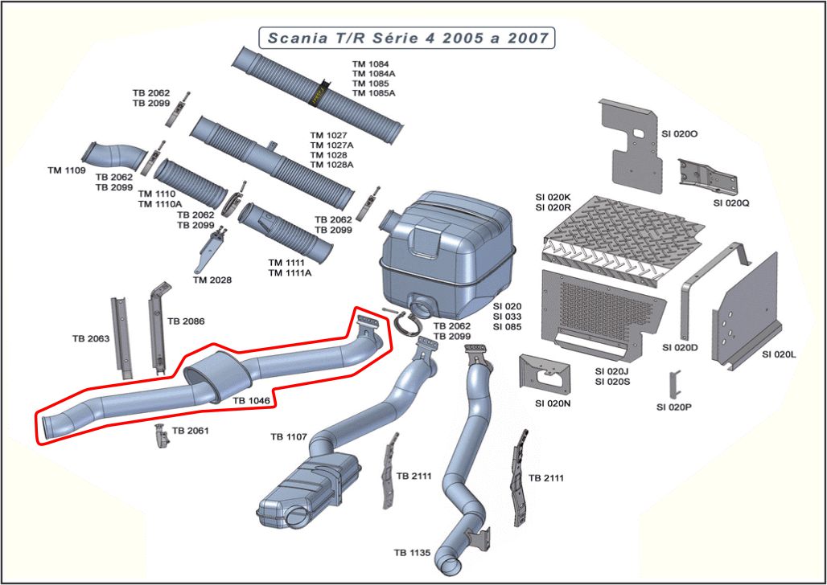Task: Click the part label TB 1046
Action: [252, 399]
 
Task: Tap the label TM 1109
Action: [66, 170]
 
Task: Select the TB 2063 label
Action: [90, 338]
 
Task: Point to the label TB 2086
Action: [186, 321]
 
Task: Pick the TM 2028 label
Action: [212, 280]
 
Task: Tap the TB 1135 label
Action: [412, 552]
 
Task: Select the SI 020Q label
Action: [731, 202]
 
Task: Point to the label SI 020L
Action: [780, 354]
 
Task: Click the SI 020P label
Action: [674, 407]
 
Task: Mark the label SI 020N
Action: [552, 403]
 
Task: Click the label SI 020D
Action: [680, 347]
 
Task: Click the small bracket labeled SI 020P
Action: [677, 382]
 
